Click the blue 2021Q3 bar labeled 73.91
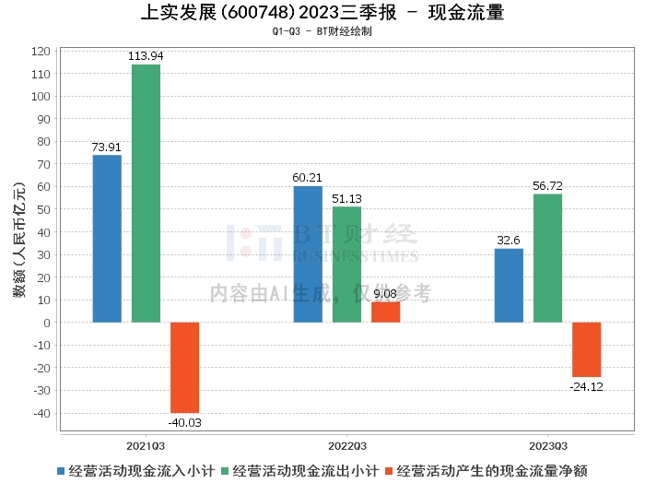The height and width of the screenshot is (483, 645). (x=107, y=239)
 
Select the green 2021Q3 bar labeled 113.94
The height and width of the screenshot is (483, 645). (x=146, y=194)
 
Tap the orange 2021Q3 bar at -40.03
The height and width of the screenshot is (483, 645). (x=184, y=368)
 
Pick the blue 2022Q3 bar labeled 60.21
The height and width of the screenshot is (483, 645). (x=308, y=254)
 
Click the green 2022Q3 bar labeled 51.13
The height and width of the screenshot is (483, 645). (x=346, y=265)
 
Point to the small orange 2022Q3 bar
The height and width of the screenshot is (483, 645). (x=385, y=312)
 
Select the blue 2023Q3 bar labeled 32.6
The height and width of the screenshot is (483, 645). (x=509, y=286)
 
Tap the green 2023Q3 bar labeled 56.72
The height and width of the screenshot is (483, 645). (x=547, y=258)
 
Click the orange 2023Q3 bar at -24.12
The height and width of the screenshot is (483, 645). (x=586, y=349)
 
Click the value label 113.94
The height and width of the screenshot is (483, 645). (x=146, y=56)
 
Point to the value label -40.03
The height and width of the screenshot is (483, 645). (x=184, y=422)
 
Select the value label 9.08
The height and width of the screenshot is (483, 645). (x=385, y=294)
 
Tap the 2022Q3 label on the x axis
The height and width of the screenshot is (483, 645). (x=346, y=444)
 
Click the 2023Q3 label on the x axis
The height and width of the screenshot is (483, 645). (x=547, y=444)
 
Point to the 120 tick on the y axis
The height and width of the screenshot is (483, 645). (x=40, y=51)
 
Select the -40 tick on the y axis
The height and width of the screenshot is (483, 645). (x=40, y=413)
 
